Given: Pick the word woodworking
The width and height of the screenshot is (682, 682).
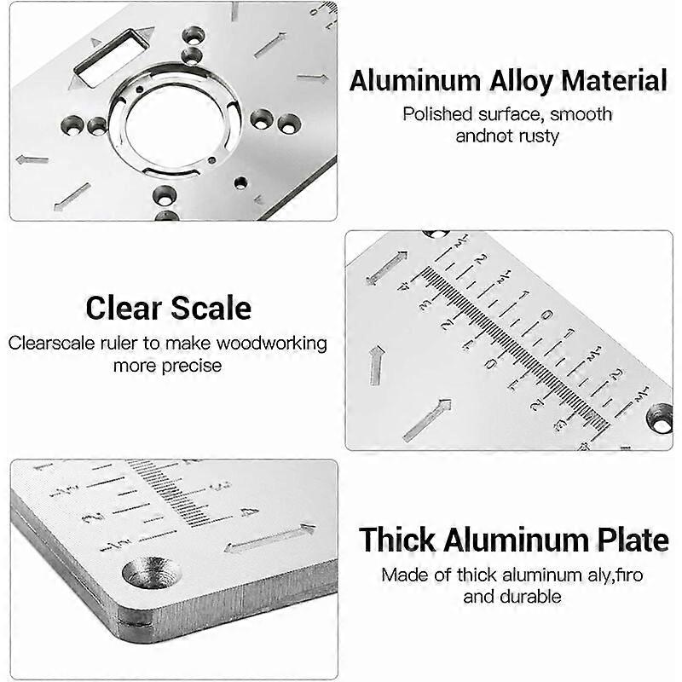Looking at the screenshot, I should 270,344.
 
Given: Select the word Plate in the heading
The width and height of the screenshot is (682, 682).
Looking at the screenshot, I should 634,540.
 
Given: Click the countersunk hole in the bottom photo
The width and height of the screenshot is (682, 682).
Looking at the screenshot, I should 152,572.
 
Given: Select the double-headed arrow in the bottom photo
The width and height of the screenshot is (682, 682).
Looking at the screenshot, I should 269,539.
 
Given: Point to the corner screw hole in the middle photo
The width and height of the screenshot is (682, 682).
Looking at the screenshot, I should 660,418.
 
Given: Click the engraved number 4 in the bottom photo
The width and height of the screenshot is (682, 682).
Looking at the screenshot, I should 249,511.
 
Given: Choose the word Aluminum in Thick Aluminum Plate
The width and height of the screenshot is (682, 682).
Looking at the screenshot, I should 511,540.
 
